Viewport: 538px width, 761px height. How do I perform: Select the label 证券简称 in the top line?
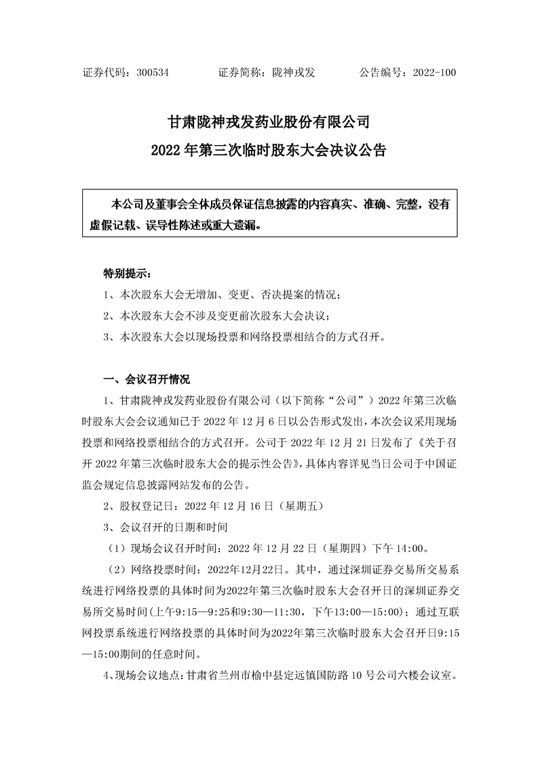click(x=242, y=71)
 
